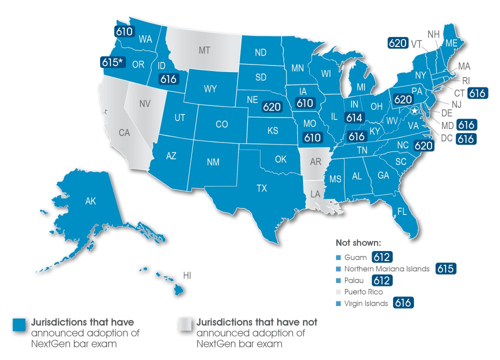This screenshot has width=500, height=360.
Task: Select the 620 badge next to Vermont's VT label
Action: pos(397,43)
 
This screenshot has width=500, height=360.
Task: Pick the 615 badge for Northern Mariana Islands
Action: pos(445,268)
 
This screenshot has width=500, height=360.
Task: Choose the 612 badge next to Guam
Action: pos(381,257)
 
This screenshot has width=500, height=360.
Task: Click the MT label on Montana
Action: pos(204,50)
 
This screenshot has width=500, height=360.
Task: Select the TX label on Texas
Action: pos(261,188)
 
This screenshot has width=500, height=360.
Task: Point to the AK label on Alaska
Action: pos(90,201)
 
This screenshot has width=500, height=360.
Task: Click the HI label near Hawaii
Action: pos(187,275)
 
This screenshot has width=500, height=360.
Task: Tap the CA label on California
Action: pos(124,132)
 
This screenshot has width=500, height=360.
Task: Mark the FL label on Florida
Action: pos(401,212)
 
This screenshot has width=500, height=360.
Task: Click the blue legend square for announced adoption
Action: pos(20,324)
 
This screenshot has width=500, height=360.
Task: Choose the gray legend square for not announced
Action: pos(185,324)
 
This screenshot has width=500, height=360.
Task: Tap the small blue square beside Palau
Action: pos(338,280)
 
